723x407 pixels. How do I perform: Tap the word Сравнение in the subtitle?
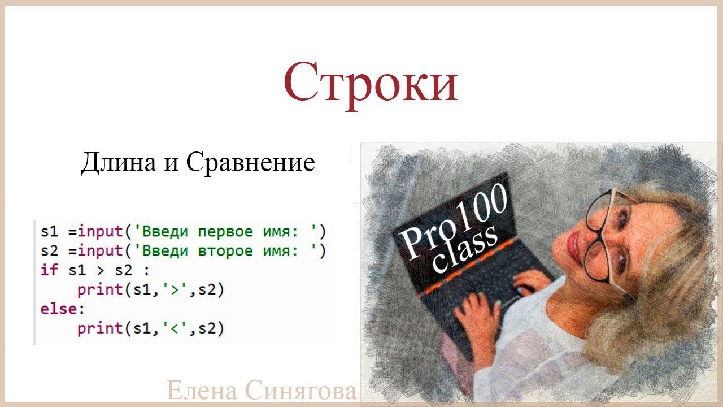[250, 163]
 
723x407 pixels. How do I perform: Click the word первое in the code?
[221, 231]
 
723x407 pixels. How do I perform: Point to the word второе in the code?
[221, 250]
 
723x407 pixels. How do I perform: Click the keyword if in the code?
[49, 270]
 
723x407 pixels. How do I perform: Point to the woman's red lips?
[574, 244]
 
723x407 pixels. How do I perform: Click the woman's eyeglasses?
[604, 237]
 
